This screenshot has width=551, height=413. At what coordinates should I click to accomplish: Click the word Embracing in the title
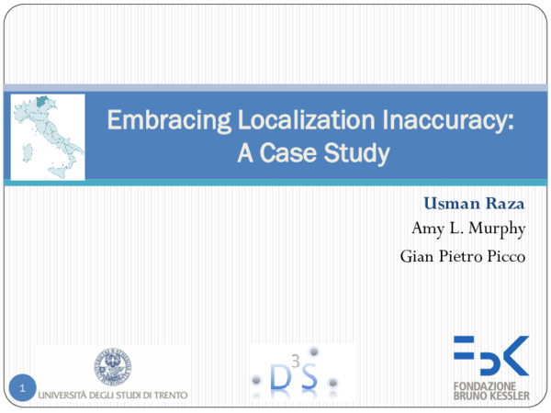[x=150, y=119]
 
